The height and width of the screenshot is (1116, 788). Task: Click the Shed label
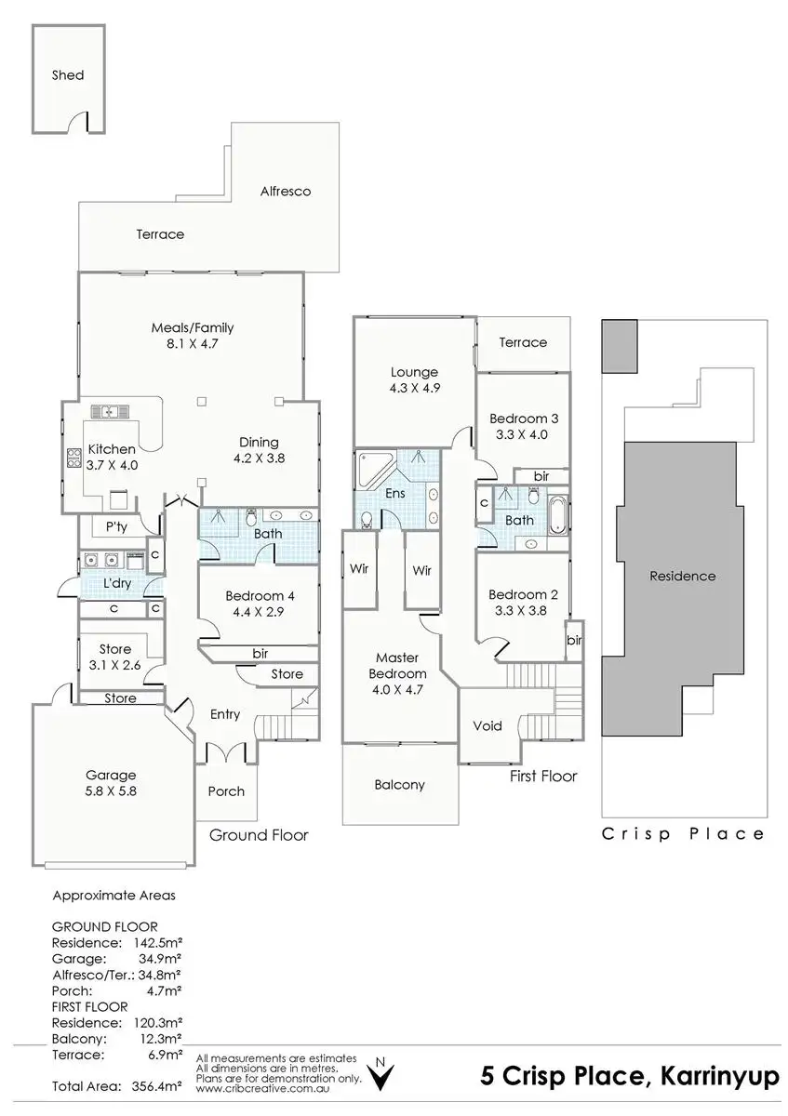[67, 74]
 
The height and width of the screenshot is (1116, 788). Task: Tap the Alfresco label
[285, 192]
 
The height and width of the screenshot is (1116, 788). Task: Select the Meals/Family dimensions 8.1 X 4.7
[193, 344]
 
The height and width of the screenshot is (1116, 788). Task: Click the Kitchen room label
[112, 449]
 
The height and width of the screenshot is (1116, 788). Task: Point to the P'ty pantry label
[115, 526]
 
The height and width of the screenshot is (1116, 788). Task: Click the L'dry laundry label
[116, 582]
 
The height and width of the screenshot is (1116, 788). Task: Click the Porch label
[226, 791]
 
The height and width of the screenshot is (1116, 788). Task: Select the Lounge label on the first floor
[414, 372]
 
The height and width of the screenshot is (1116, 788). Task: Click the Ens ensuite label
[395, 493]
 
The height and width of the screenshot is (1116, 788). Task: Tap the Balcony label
[399, 784]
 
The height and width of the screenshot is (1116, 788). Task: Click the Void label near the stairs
[487, 725]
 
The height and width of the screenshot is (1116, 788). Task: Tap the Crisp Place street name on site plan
[683, 834]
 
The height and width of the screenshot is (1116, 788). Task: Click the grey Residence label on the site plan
[682, 576]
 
